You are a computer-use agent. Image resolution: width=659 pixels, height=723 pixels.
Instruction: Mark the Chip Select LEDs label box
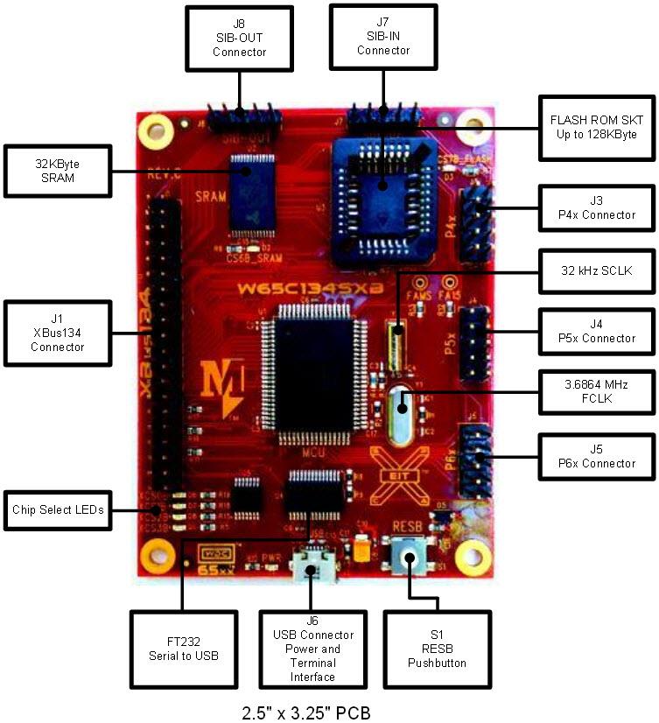click(x=57, y=509)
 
